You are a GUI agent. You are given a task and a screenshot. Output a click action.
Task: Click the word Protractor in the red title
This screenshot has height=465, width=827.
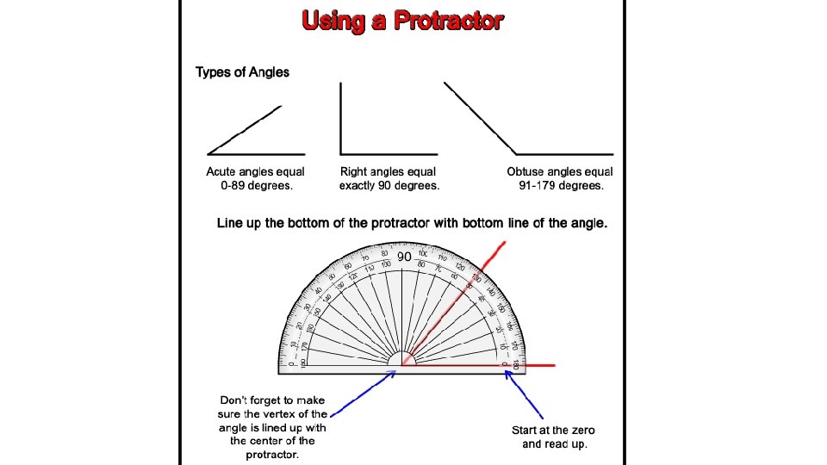pyautogui.click(x=448, y=21)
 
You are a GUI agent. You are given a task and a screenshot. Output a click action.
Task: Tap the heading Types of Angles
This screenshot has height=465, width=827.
pyautogui.click(x=242, y=72)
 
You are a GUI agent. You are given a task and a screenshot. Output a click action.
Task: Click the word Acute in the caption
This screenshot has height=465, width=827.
pyautogui.click(x=222, y=172)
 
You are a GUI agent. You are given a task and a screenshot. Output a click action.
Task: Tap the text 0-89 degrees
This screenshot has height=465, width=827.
pyautogui.click(x=256, y=185)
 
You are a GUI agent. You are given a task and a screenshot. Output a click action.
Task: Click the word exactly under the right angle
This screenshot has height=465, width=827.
pyautogui.click(x=363, y=185)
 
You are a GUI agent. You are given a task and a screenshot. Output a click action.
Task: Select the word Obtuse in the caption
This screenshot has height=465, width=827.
pyautogui.click(x=525, y=172)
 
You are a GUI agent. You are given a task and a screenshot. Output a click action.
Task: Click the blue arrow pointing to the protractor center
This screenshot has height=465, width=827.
pyautogui.click(x=363, y=387)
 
